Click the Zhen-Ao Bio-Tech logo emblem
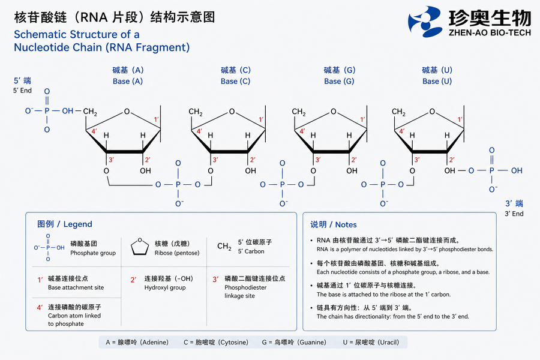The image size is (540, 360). click(425, 22)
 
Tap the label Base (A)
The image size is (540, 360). click(128, 82)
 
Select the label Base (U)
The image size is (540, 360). click(437, 82)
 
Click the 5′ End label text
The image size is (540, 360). click(22, 91)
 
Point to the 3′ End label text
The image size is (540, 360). click(514, 214)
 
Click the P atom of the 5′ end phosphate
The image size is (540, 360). click(47, 111)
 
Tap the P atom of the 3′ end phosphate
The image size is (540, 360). click(491, 170)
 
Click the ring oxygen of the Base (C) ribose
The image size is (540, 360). click(232, 112)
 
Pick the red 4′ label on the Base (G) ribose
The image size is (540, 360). click(302, 131)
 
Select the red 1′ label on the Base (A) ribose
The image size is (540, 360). click(156, 119)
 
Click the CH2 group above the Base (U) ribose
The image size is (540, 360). click(398, 112)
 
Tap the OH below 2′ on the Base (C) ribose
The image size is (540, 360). click(250, 171)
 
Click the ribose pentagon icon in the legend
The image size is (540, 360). click(140, 246)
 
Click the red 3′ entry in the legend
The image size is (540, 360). click(215, 280)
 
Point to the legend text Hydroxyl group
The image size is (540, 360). click(165, 287)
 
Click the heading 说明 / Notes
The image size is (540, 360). click(334, 224)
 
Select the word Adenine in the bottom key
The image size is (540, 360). click(155, 343)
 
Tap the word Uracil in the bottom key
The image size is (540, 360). click(388, 343)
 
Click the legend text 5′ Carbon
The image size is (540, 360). click(251, 251)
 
